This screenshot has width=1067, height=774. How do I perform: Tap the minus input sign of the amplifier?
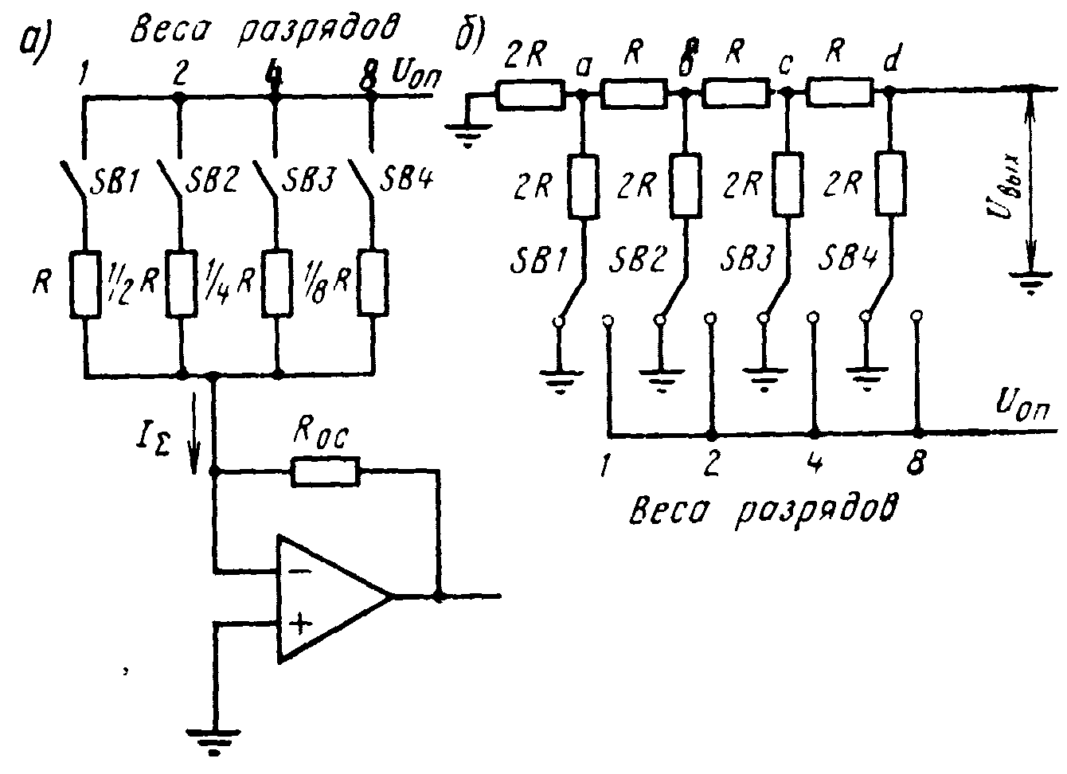click(x=298, y=571)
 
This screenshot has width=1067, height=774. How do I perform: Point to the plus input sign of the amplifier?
click(x=298, y=623)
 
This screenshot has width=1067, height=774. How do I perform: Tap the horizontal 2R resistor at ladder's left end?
click(x=530, y=96)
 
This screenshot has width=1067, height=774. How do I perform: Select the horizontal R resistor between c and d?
click(x=838, y=96)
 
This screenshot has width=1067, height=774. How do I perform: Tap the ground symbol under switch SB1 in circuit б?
click(x=561, y=381)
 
